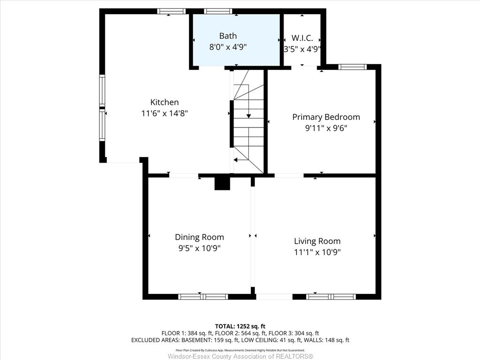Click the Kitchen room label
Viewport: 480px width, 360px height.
(x=165, y=102)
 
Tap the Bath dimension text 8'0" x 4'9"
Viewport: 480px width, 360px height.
(x=228, y=47)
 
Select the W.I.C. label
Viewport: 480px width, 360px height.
(x=302, y=38)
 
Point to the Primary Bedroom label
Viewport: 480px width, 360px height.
(x=326, y=117)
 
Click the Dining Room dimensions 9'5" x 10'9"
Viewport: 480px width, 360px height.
(x=200, y=248)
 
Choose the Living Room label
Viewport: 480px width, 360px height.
(x=317, y=241)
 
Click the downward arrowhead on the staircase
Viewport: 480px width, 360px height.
(x=248, y=116)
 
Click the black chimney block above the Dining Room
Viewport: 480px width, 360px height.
(x=222, y=183)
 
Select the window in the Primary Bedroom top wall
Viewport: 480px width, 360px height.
(x=352, y=67)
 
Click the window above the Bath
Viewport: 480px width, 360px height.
(x=218, y=11)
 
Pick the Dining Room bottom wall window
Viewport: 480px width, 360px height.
(x=203, y=297)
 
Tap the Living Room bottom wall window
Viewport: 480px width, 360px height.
(x=331, y=297)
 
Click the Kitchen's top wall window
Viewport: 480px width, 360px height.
(x=172, y=11)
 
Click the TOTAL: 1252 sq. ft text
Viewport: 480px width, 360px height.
(x=240, y=326)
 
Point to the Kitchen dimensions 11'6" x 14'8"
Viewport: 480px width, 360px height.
(x=165, y=113)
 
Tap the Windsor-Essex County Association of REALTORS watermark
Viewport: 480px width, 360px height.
(x=240, y=356)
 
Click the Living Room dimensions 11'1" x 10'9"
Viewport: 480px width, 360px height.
(x=317, y=252)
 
